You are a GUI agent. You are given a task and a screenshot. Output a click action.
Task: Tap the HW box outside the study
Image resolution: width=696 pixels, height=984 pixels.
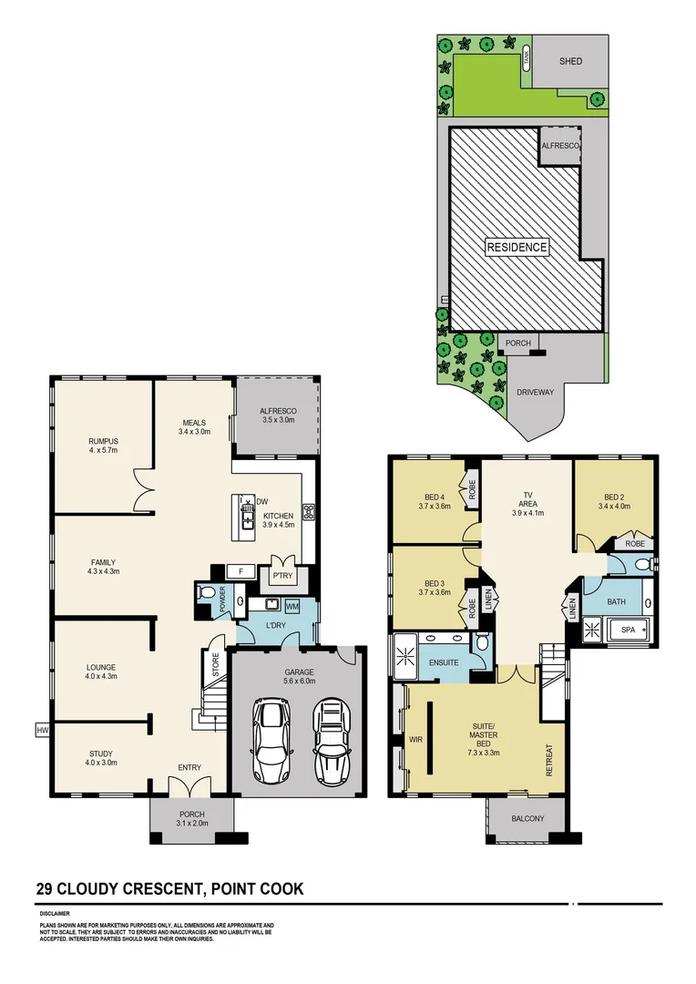(x=41, y=729)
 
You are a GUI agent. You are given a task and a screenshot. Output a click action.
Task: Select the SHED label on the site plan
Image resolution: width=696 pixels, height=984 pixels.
(x=569, y=61)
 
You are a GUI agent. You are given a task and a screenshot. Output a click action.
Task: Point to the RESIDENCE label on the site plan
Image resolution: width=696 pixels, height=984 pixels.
(x=517, y=247)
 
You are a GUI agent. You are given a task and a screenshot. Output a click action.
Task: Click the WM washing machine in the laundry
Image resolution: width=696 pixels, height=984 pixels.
(x=292, y=606)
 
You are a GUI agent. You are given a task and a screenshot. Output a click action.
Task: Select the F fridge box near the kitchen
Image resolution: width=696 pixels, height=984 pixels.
(x=241, y=572)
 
